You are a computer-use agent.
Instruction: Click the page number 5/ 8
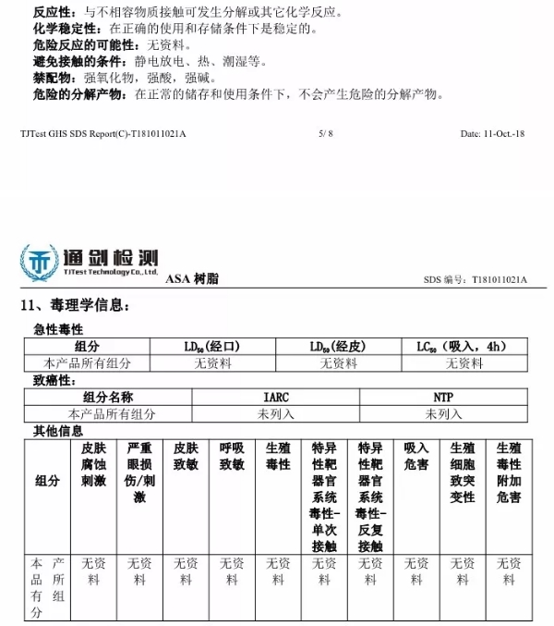click(x=325, y=134)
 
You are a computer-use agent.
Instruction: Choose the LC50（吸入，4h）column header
click(x=462, y=347)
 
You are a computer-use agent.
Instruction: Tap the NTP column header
click(x=444, y=398)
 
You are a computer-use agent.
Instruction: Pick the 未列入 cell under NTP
click(x=444, y=414)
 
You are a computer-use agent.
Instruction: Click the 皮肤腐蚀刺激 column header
click(x=93, y=463)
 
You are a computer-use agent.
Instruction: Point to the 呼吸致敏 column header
click(x=232, y=456)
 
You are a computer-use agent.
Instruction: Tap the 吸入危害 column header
click(x=416, y=456)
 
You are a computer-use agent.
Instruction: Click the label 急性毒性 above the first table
click(x=58, y=330)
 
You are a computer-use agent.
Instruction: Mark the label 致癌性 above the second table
click(x=52, y=380)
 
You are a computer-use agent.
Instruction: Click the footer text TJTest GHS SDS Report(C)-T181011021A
click(x=102, y=134)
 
